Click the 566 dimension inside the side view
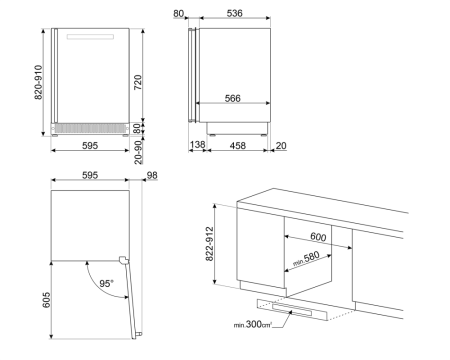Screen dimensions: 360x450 click(232, 97)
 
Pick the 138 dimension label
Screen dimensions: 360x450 click(198, 146)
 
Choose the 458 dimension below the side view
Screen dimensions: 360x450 click(232, 146)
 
